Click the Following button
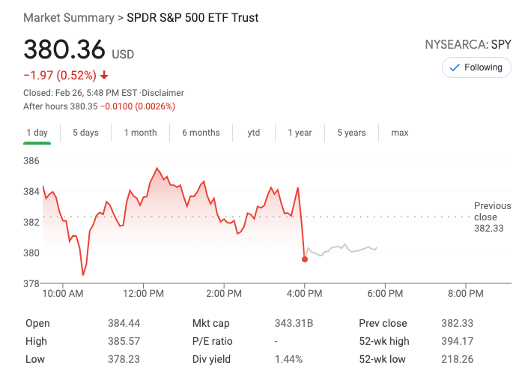point(476,67)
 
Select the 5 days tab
point(85,133)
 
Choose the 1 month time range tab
point(140,133)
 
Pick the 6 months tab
point(201,133)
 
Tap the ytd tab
point(254,133)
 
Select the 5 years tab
point(351,133)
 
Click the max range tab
point(400,133)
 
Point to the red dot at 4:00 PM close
point(305,259)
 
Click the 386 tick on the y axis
point(31,160)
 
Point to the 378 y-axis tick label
point(31,283)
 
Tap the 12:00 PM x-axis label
point(143,293)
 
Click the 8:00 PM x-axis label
point(465,293)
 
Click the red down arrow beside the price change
point(104,75)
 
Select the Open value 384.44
point(124,323)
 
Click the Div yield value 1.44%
point(288,359)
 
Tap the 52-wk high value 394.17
point(457,341)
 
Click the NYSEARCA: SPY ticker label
point(467,45)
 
